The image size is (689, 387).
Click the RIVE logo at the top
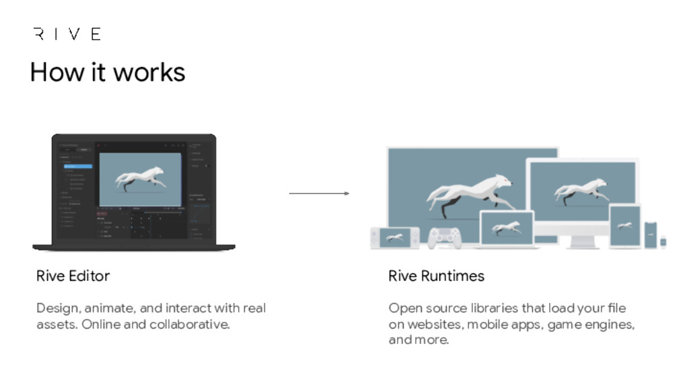(x=67, y=34)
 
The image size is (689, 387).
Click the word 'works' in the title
(x=151, y=72)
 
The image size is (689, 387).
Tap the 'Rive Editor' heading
(x=73, y=275)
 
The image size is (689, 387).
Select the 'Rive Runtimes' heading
(x=436, y=275)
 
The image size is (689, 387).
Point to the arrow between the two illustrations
(x=319, y=193)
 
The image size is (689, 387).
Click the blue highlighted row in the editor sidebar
(x=78, y=165)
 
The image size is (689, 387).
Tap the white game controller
(x=445, y=236)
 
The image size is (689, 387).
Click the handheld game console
(x=394, y=237)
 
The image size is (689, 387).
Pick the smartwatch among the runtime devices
(x=663, y=242)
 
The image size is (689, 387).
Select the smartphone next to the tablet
(x=651, y=234)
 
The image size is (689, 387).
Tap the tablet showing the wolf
(x=625, y=226)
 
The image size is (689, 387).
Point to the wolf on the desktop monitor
(x=579, y=190)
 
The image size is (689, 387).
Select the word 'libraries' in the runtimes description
(x=484, y=308)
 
